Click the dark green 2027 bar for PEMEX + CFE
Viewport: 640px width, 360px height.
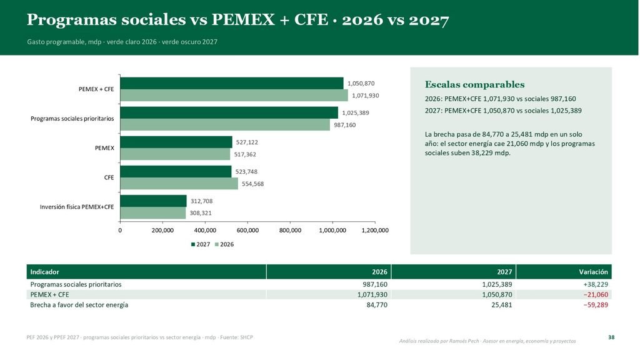232,83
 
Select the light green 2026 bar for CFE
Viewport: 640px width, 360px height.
179,184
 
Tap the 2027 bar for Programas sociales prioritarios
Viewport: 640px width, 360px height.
229,112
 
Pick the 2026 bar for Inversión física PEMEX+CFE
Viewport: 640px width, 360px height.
153,213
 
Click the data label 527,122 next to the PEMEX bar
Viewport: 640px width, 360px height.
247,142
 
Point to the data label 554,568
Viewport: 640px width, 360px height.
252,184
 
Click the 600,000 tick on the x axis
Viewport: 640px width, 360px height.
247,231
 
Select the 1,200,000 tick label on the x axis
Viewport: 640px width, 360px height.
375,231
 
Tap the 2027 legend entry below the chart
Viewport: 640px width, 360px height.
201,244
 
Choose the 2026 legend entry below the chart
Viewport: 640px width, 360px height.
224,244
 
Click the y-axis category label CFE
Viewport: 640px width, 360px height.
109,177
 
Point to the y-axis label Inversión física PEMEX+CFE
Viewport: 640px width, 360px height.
77,207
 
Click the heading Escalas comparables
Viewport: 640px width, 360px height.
475,84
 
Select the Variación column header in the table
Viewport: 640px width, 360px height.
593,272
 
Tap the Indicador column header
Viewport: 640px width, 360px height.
44,272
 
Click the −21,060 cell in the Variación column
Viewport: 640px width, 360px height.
596,295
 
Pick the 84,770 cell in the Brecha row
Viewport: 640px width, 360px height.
377,305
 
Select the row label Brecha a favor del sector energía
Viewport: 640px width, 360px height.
79,305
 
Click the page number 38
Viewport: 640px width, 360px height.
611,337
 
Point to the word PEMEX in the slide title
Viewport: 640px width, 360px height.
243,19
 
